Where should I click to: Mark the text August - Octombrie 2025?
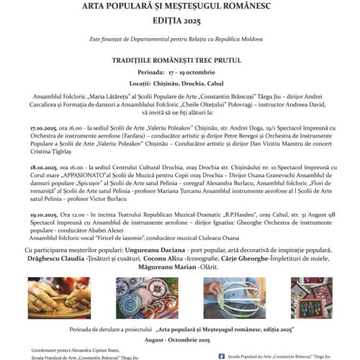click(x=179, y=336)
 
